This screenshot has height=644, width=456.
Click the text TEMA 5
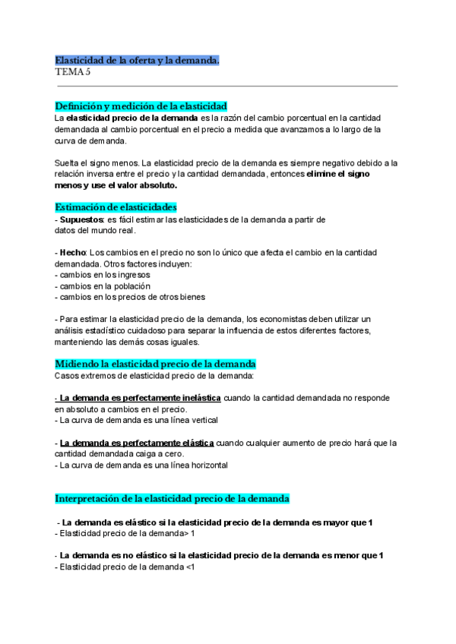[x=73, y=72]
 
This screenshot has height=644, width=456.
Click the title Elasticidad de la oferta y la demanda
[x=137, y=59]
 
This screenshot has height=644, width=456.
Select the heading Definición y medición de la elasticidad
[x=141, y=106]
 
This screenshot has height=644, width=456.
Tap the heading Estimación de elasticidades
[x=116, y=207]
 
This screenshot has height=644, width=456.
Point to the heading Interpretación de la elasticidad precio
[x=172, y=498]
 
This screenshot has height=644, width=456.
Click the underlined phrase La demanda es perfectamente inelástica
[x=139, y=397]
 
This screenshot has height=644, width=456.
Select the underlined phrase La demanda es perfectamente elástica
[x=136, y=443]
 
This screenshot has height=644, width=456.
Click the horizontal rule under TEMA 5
[x=226, y=86]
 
